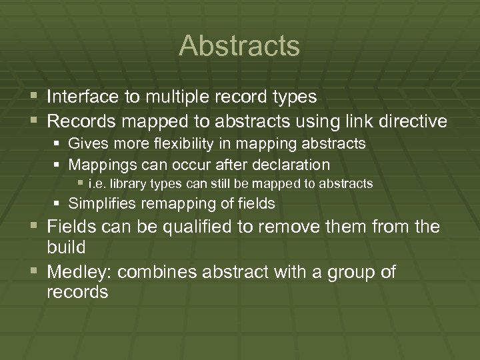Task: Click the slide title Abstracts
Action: coord(239,46)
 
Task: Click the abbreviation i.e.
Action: coord(95,183)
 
